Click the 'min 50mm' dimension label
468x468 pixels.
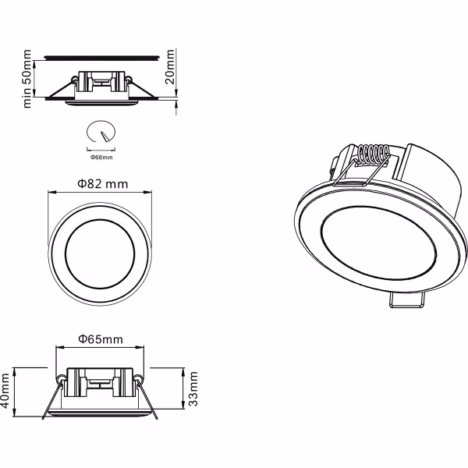coord(28,78)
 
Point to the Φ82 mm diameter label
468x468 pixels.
coord(102,184)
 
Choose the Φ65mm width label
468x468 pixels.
coord(101,339)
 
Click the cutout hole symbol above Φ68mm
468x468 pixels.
coord(101,132)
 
